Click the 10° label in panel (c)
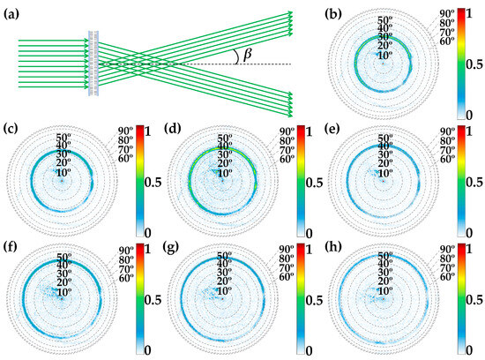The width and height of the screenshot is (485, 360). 61,173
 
